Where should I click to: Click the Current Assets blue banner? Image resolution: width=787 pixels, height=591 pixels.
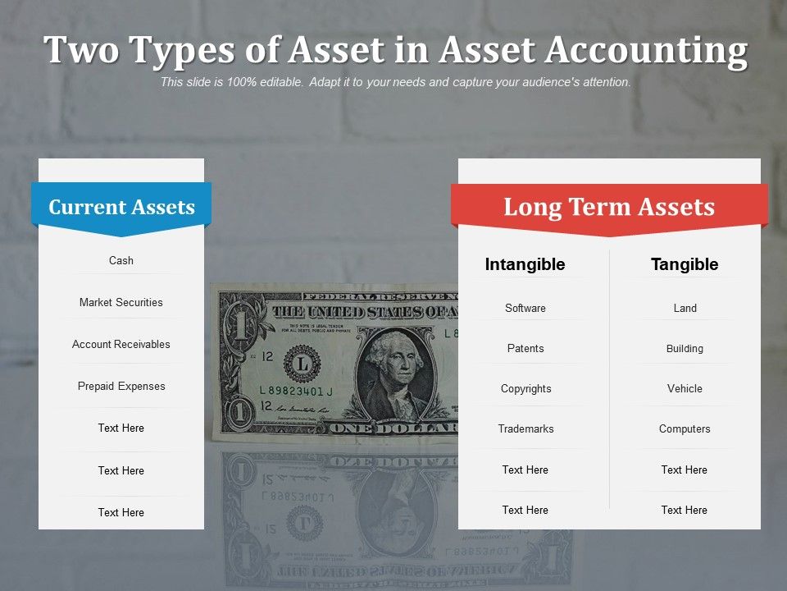[121, 207]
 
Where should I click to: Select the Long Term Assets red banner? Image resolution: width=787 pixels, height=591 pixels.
[609, 207]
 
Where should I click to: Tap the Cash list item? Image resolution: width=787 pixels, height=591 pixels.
[121, 260]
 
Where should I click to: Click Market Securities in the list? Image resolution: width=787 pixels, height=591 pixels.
[121, 302]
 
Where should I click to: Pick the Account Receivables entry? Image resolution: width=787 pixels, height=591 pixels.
[121, 344]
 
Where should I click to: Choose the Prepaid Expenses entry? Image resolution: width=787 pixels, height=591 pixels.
[121, 386]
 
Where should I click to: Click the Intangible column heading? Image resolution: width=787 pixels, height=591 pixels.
[525, 264]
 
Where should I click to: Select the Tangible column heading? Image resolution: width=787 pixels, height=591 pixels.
[685, 264]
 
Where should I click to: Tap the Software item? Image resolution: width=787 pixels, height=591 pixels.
[525, 308]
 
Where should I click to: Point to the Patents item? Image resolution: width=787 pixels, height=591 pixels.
[525, 348]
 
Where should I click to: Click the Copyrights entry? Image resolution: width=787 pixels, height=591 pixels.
[525, 388]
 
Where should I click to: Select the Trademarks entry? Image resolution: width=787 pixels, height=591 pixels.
[525, 428]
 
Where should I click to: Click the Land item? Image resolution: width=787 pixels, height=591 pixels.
[685, 308]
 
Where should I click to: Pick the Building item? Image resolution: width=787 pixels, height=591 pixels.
[685, 348]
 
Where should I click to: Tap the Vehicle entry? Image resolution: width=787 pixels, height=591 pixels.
[685, 388]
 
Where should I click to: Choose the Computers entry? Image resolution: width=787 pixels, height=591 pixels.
[685, 428]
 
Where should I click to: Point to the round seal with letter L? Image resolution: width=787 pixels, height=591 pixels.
[302, 362]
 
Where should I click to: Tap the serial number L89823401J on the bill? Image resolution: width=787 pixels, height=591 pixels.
[296, 391]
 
